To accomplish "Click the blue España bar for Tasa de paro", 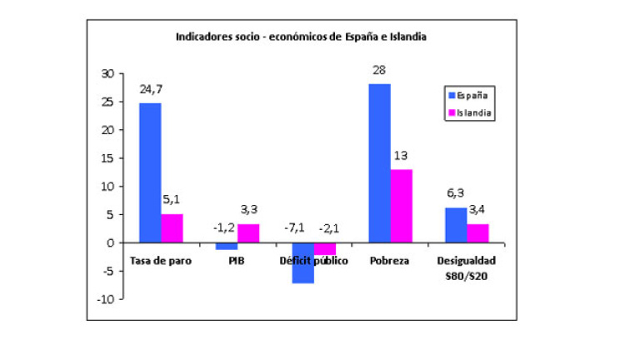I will coord(150,172).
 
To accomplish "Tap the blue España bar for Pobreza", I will coord(379,163).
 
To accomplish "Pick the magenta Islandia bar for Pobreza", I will coord(401,206).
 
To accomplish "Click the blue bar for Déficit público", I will coord(302,262).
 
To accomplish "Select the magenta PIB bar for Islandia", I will coord(247,233).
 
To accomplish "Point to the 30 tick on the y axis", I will coord(106,73).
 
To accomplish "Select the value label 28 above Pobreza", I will coord(379,70).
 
